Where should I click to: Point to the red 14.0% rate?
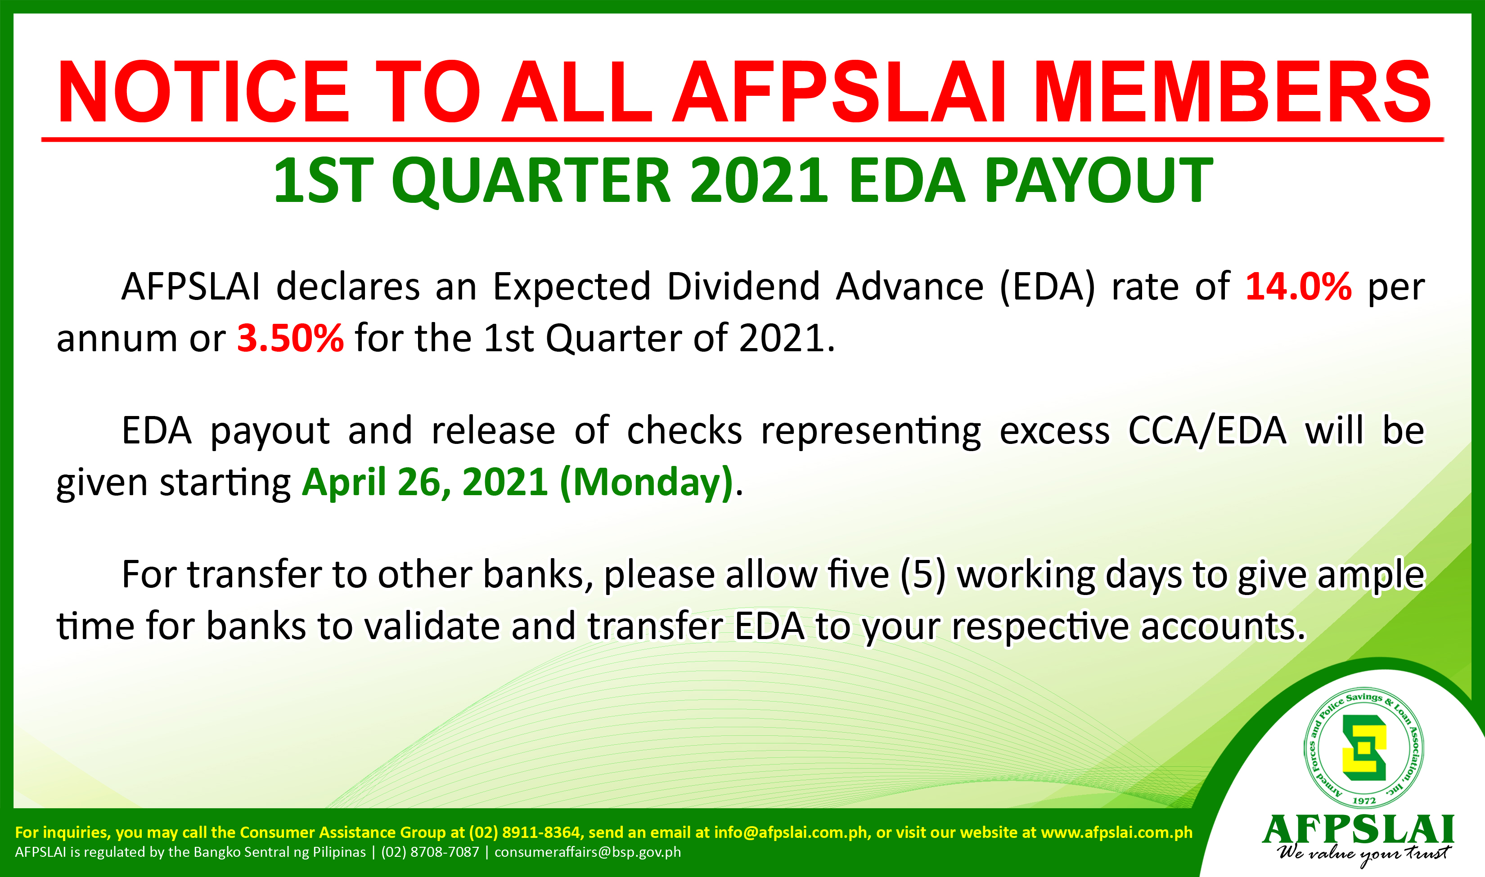tap(1298, 286)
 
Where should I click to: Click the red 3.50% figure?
tap(290, 338)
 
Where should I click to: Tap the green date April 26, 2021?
tap(425, 482)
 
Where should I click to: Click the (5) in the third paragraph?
tap(923, 575)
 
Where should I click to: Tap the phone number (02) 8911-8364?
tap(524, 832)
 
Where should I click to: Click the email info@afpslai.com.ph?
tap(792, 832)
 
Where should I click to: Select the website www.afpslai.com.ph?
tap(1117, 832)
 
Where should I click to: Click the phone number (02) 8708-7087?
tap(430, 852)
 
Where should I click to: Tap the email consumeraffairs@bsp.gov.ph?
tap(588, 852)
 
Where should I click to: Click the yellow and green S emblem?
tap(1364, 747)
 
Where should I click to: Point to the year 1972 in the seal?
tap(1364, 801)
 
